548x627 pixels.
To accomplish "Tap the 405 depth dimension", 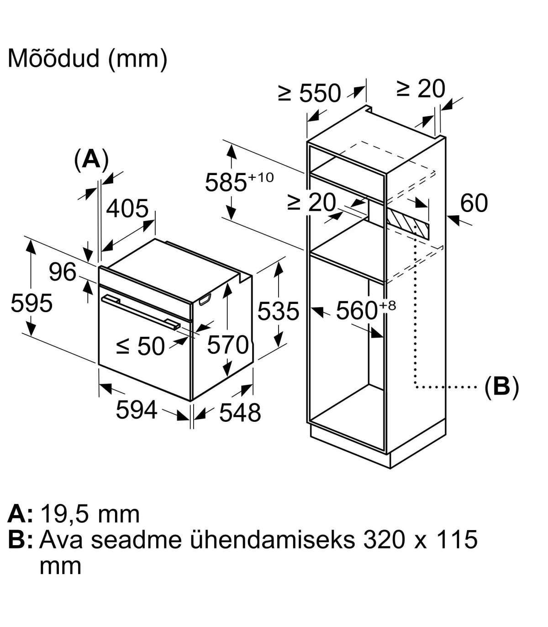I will point(127,208).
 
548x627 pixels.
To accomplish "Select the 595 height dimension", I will point(32,303).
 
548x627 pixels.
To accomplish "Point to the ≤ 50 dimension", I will point(140,346).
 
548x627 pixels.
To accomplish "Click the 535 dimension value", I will point(278,311).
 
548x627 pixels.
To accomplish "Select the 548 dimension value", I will point(240,412).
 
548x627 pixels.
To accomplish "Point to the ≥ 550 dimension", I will point(310,93).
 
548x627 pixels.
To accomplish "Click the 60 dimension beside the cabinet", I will point(474,203).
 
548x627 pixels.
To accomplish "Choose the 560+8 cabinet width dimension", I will point(364,311).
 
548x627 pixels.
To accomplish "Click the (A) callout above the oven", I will point(91,159).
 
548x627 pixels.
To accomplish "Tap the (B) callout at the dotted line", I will point(501,388).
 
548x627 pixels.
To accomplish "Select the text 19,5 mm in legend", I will point(90,514).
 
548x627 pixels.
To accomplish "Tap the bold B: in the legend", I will point(21,540).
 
